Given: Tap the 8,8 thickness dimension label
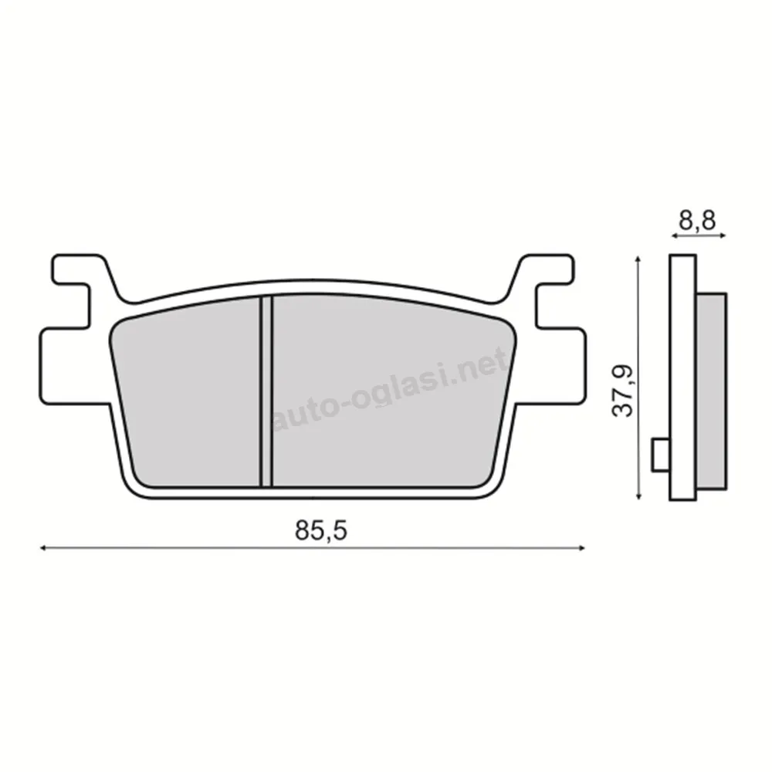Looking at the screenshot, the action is click(x=697, y=220).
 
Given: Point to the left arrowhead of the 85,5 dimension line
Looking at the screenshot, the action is click(x=43, y=547).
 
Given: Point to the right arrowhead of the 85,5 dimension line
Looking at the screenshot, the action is click(x=582, y=547).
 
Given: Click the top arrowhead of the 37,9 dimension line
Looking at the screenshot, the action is click(x=638, y=259).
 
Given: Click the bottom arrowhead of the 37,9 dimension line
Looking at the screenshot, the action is click(x=638, y=496).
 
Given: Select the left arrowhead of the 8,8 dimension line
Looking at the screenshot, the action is click(x=675, y=236).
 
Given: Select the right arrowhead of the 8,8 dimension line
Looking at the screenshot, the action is click(x=723, y=236).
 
